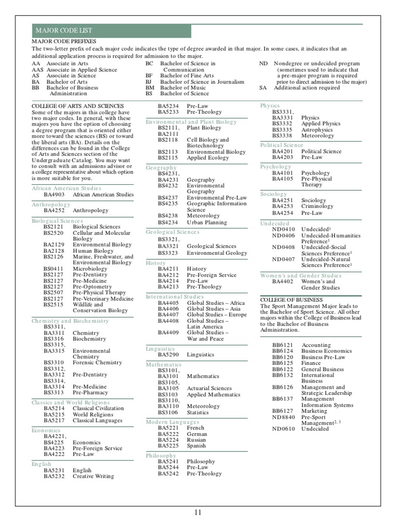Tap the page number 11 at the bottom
pyautogui.click(x=198, y=512)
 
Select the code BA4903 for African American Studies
pyautogui.click(x=54, y=195)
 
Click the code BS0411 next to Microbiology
pyautogui.click(x=54, y=269)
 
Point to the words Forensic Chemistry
pyautogui.click(x=97, y=362)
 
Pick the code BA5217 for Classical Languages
pyautogui.click(x=54, y=420)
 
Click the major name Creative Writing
pyautogui.click(x=93, y=477)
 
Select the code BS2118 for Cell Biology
pyautogui.click(x=168, y=139)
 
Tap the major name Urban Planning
pyautogui.click(x=207, y=222)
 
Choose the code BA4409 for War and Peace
pyautogui.click(x=168, y=332)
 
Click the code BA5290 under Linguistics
pyautogui.click(x=168, y=355)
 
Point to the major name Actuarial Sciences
pyautogui.click(x=209, y=389)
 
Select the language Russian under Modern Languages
pyautogui.click(x=197, y=440)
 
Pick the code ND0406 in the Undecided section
pyautogui.click(x=284, y=235)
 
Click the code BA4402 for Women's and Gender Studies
pyautogui.click(x=282, y=282)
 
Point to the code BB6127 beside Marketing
pyautogui.click(x=282, y=411)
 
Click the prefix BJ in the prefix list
pyautogui.click(x=149, y=81)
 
